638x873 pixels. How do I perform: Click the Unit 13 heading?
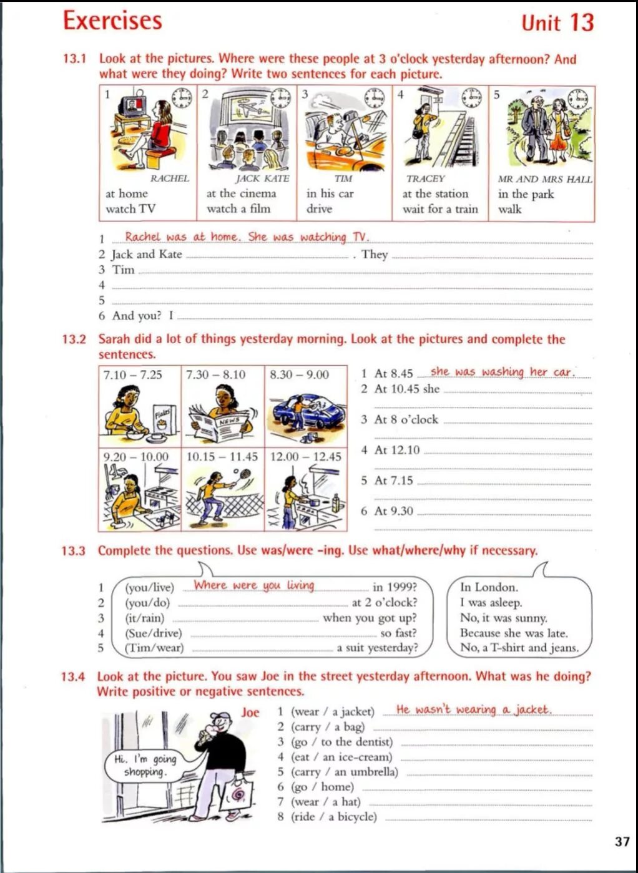point(557,22)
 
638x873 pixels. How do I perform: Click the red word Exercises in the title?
point(112,20)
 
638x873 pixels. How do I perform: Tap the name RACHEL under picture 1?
point(169,178)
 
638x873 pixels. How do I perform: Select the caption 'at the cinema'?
point(241,193)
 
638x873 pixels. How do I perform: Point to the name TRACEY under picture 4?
point(425,178)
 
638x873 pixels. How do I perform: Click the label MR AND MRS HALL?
point(544,179)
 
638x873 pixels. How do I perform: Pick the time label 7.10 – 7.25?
point(132,374)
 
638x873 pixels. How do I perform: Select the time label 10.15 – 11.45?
point(222,457)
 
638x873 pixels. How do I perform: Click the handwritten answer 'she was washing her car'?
point(501,372)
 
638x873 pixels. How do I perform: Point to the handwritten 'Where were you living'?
point(253,585)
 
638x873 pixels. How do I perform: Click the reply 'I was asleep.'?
point(491,603)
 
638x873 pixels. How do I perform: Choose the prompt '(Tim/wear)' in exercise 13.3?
point(154,648)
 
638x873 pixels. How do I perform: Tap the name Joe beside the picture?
point(250,712)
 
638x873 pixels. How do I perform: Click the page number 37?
point(622,841)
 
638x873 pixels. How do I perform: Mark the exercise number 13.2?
point(74,339)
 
